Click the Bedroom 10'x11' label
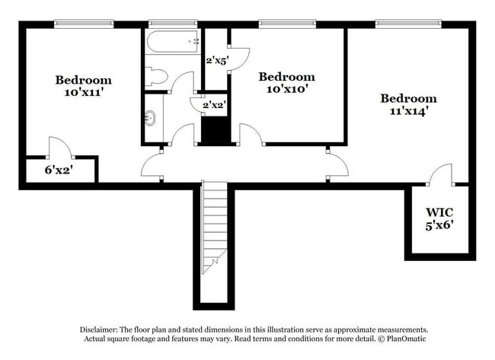pyautogui.click(x=83, y=86)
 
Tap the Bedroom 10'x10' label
pyautogui.click(x=286, y=82)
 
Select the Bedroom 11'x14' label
pyautogui.click(x=409, y=104)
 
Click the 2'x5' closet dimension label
pyautogui.click(x=216, y=60)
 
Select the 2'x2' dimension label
pyautogui.click(x=214, y=105)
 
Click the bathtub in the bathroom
pyautogui.click(x=173, y=41)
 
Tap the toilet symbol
pyautogui.click(x=156, y=75)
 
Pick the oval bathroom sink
pyautogui.click(x=152, y=118)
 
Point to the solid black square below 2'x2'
pyautogui.click(x=216, y=130)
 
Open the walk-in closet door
pyautogui.click(x=441, y=174)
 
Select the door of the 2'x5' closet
pyautogui.click(x=239, y=58)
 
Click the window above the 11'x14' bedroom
pyautogui.click(x=408, y=24)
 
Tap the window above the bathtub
pyautogui.click(x=173, y=24)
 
